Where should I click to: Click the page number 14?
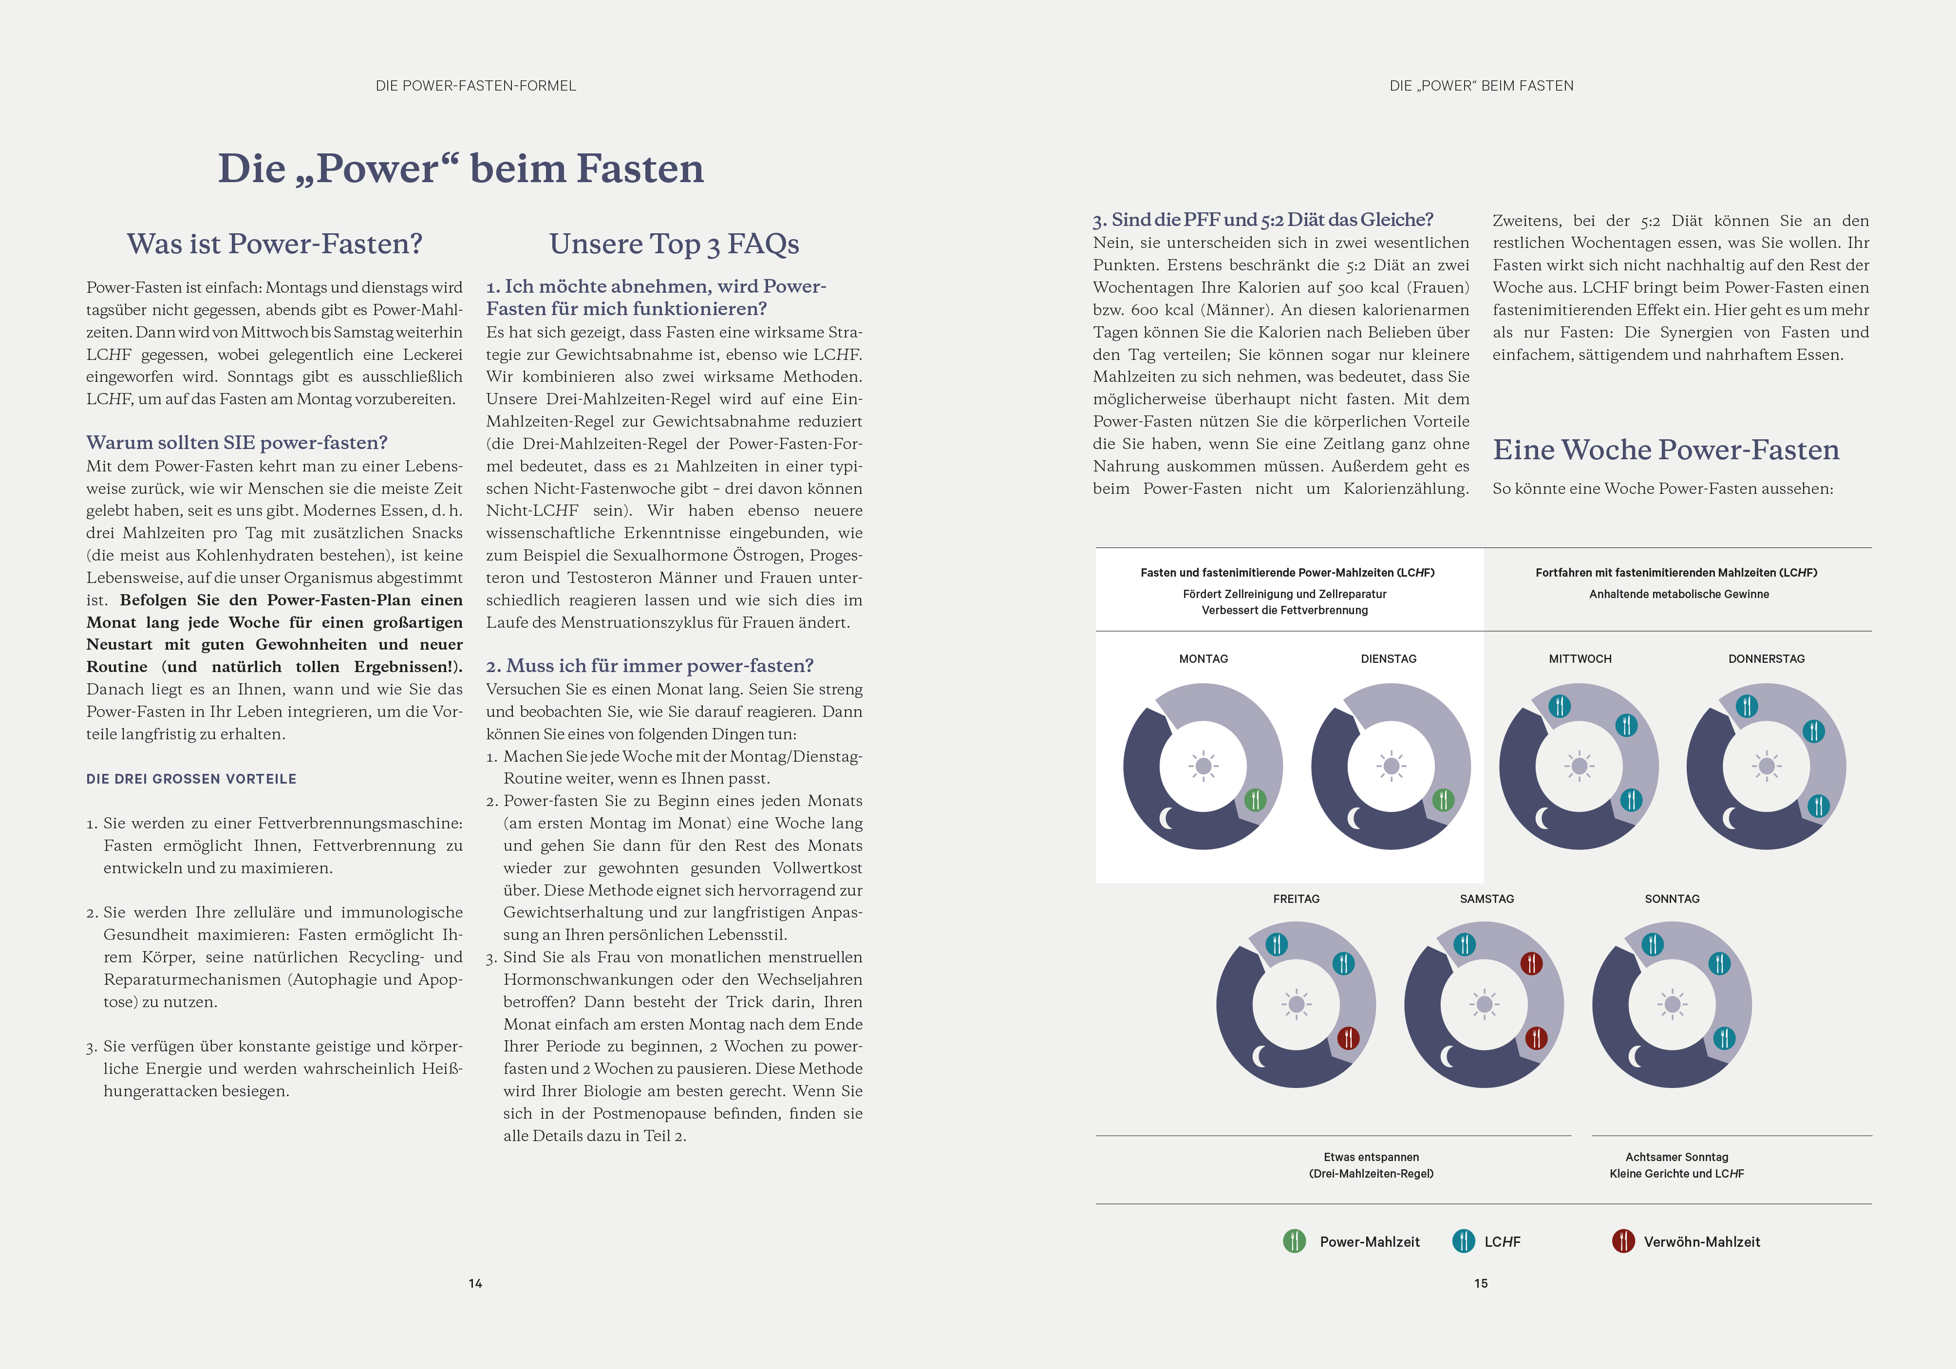pos(475,1283)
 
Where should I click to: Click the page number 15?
pos(1481,1283)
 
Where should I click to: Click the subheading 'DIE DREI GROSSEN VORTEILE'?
pos(192,779)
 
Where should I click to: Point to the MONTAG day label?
pos(1203,658)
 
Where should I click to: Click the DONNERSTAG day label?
pos(1766,658)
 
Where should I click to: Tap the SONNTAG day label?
pos(1672,899)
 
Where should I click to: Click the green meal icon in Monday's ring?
pos(1255,800)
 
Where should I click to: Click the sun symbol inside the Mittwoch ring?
pos(1579,766)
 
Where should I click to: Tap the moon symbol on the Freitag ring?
pos(1260,1056)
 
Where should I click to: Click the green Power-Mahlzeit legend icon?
pos(1294,1241)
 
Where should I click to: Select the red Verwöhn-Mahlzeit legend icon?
pos(1623,1241)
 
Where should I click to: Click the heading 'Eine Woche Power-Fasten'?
pos(1666,450)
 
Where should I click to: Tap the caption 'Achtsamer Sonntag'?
pos(1676,1157)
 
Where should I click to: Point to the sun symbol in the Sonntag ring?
pos(1672,1004)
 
